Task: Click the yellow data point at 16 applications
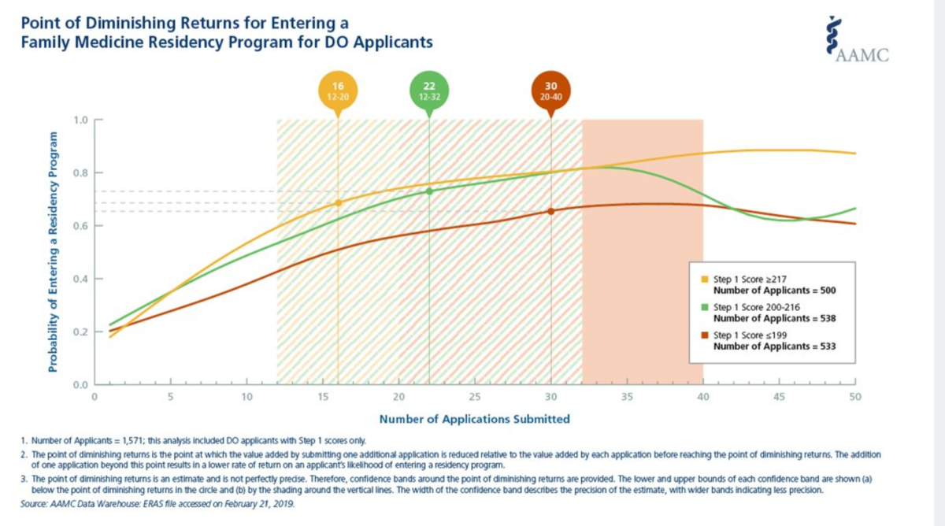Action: click(x=339, y=203)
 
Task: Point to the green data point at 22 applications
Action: click(x=429, y=191)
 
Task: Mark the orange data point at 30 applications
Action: click(x=551, y=211)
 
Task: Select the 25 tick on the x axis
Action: click(x=475, y=396)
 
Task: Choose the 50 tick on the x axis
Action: click(x=855, y=396)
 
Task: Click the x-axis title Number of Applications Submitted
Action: click(x=474, y=419)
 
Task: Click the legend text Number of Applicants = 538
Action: click(x=773, y=319)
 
